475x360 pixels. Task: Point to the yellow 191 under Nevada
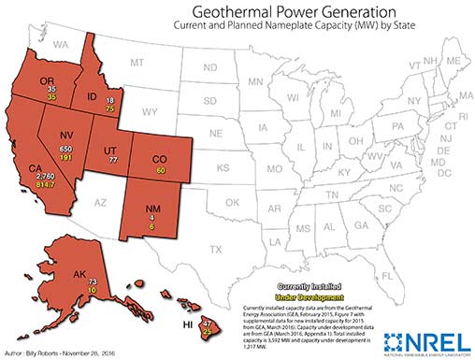65,159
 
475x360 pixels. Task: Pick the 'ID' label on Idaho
94,97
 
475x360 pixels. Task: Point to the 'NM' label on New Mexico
149,210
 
